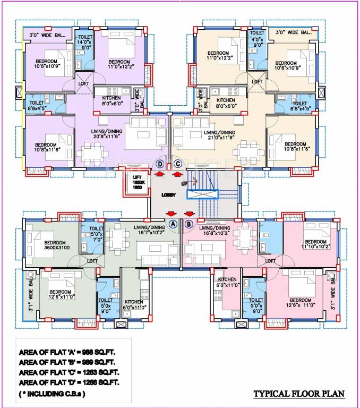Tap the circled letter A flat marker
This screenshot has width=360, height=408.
(x=173, y=224)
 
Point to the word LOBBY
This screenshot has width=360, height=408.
(x=169, y=195)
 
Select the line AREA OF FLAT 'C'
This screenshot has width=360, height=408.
(x=68, y=373)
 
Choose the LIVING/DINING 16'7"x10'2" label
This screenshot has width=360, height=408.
(x=150, y=229)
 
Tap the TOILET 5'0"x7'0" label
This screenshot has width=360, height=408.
(x=96, y=233)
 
